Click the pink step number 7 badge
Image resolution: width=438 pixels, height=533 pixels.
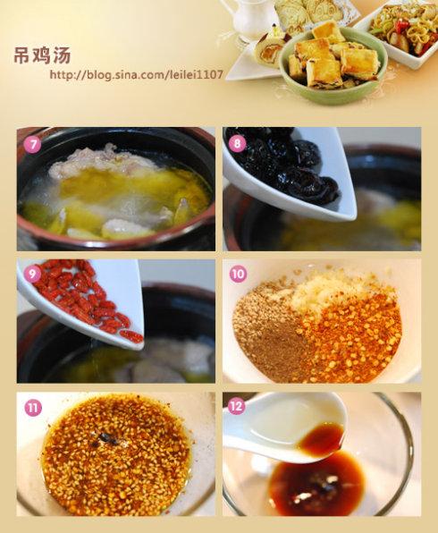[x=32, y=145]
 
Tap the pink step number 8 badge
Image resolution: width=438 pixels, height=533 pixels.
[x=237, y=143]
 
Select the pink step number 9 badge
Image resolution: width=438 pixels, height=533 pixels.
[x=32, y=274]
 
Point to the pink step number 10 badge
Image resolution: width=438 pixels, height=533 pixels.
[x=238, y=274]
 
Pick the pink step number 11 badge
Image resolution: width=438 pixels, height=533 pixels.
[x=32, y=407]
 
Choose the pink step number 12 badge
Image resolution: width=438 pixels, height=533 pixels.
[x=237, y=406]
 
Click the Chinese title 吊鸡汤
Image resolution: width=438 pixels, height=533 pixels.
[x=42, y=55]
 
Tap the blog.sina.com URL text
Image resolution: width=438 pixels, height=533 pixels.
[x=137, y=74]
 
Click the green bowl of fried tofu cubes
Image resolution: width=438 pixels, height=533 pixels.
[x=333, y=65]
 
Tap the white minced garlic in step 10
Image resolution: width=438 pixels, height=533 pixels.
[x=326, y=289]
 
